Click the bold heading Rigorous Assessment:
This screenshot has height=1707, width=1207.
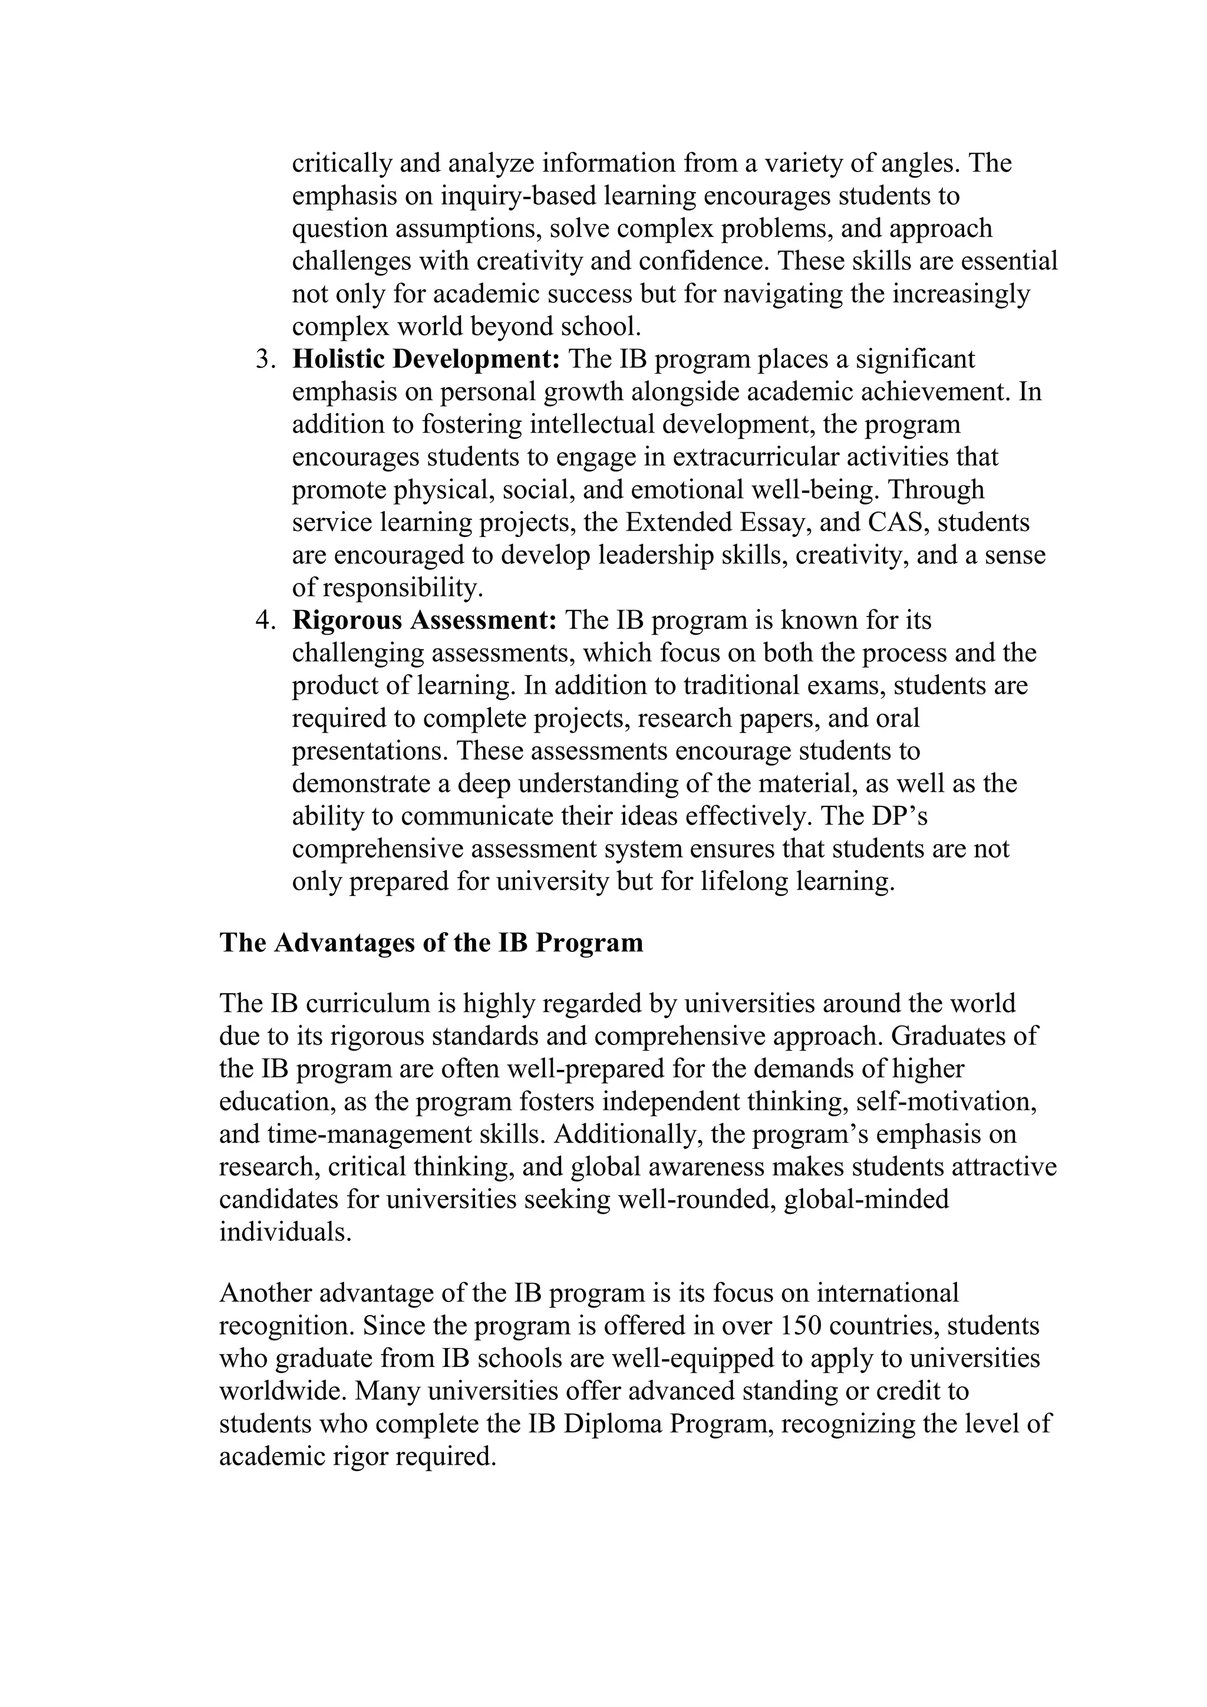424,620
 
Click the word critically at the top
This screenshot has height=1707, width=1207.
341,163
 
